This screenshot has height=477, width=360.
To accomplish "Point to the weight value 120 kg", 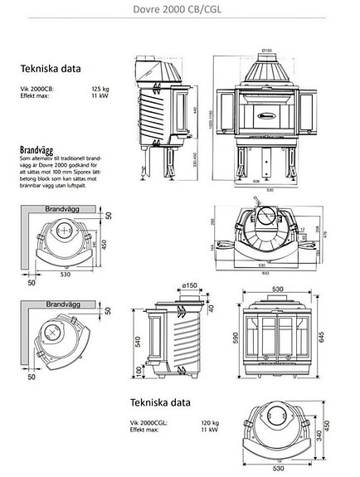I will (210, 422).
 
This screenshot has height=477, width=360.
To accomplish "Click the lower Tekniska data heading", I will (160, 404).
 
